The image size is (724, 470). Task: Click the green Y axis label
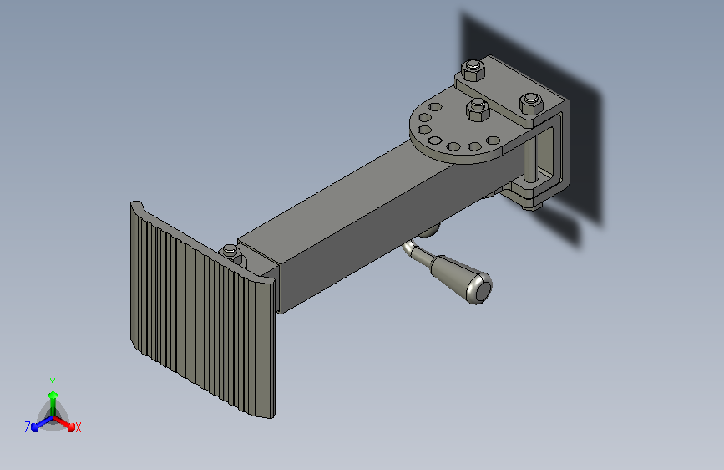click(53, 383)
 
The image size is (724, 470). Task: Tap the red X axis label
click(78, 428)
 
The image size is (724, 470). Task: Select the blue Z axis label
click(28, 427)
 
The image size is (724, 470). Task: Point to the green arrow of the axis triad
click(53, 404)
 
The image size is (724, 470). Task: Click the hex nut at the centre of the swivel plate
click(478, 110)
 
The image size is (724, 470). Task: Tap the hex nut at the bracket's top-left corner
click(473, 70)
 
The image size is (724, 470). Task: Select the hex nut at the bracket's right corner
click(530, 104)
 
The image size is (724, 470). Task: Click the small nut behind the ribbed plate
click(230, 253)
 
